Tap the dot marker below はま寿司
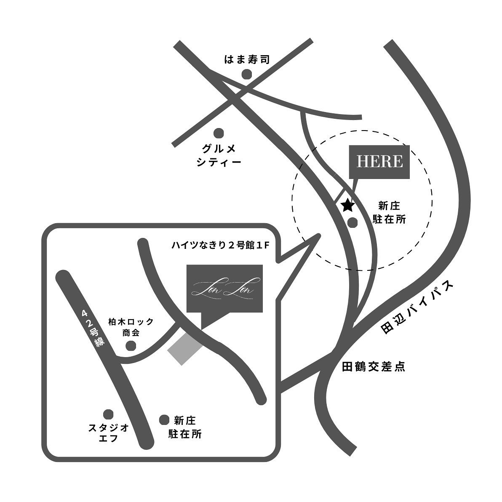coord(246,75)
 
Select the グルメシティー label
coord(219,155)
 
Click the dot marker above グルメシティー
coord(219,134)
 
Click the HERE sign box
coord(379,161)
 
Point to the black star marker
coord(347,205)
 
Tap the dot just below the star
coord(352,221)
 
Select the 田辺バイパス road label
coord(418,308)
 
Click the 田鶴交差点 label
coord(374,367)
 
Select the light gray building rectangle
coord(185,348)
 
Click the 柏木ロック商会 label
coord(131,327)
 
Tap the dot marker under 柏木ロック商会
coord(131,346)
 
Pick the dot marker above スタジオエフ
coord(109,414)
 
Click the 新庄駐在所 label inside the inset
coord(185,427)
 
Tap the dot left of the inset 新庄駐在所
coord(164,419)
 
